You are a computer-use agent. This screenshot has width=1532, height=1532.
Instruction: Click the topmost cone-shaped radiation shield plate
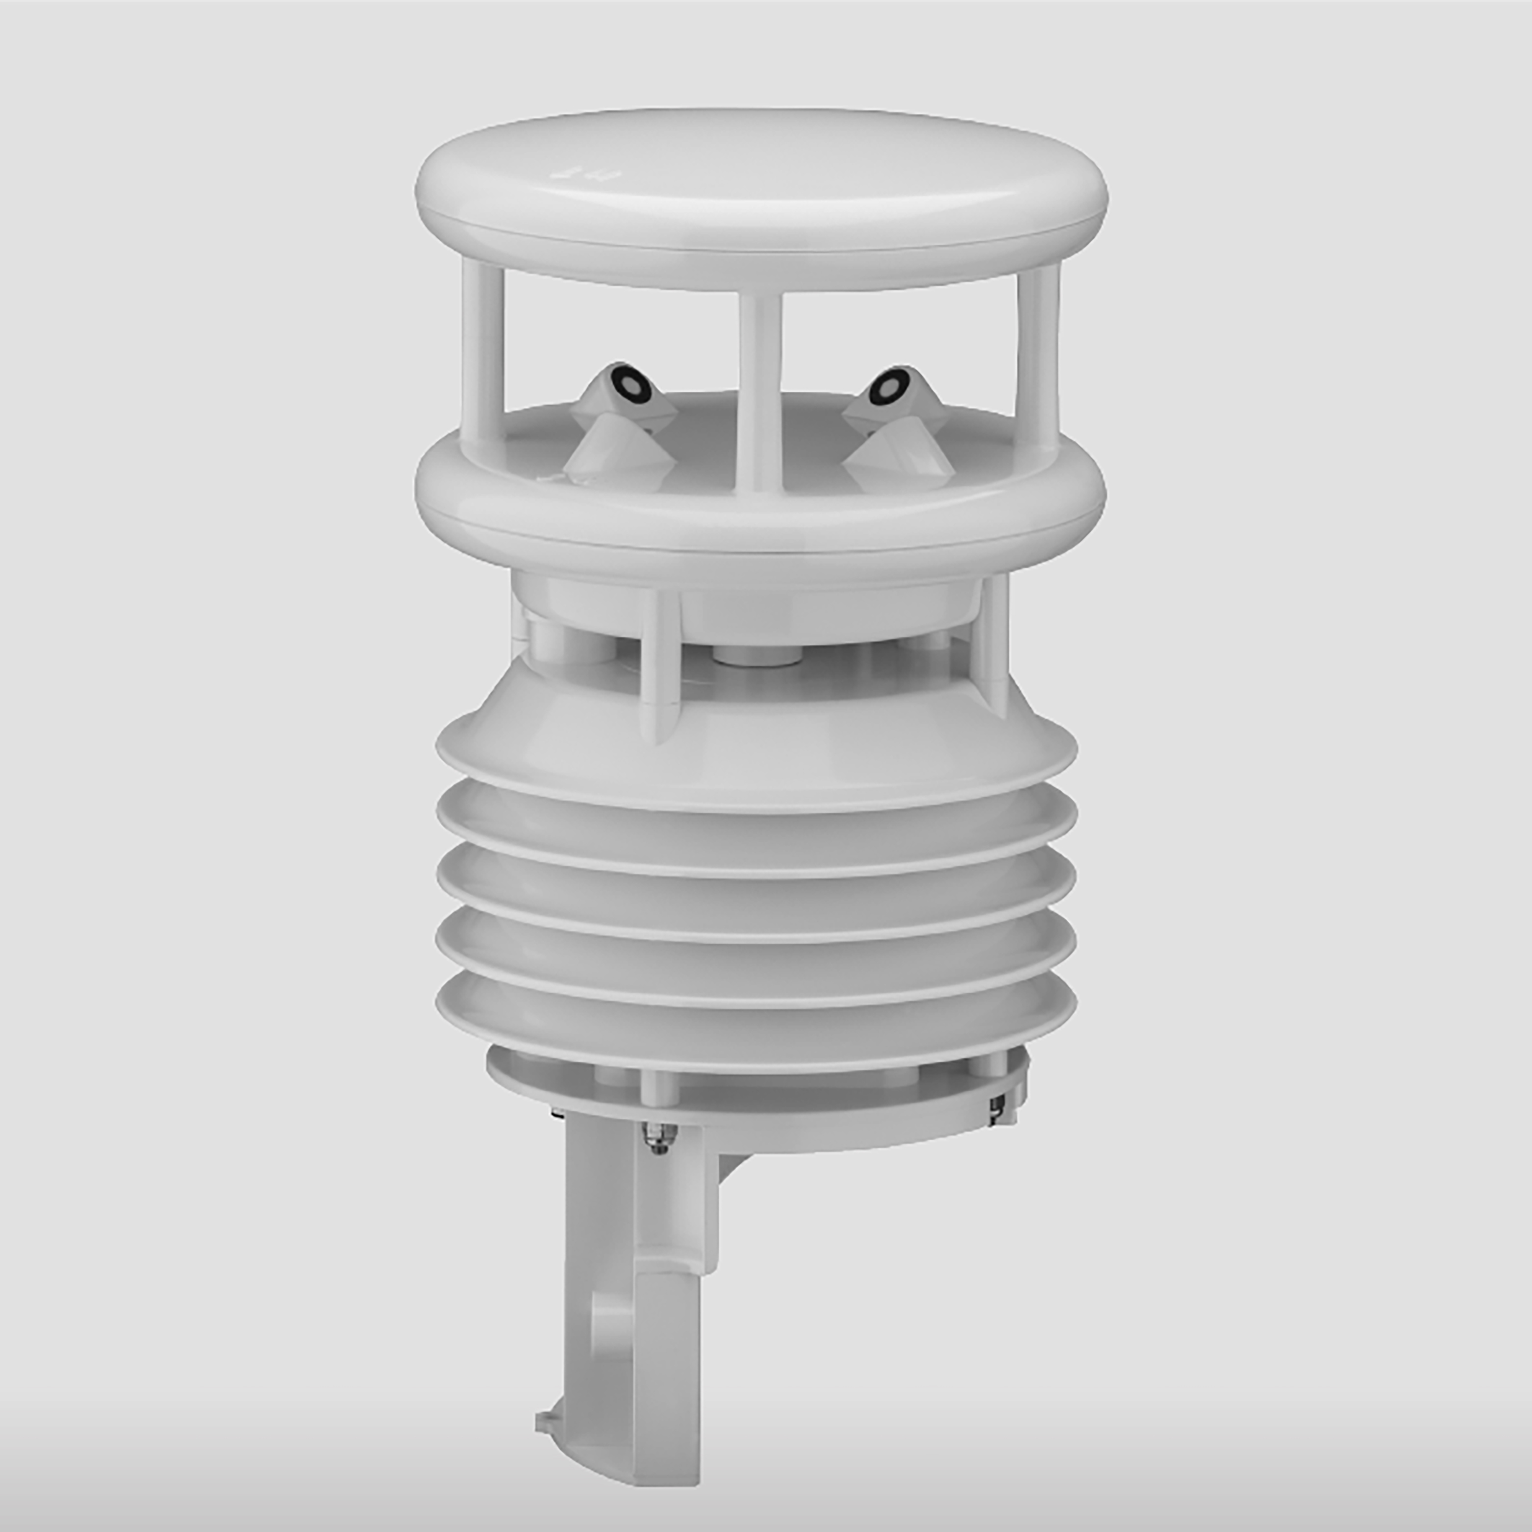coord(757,737)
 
